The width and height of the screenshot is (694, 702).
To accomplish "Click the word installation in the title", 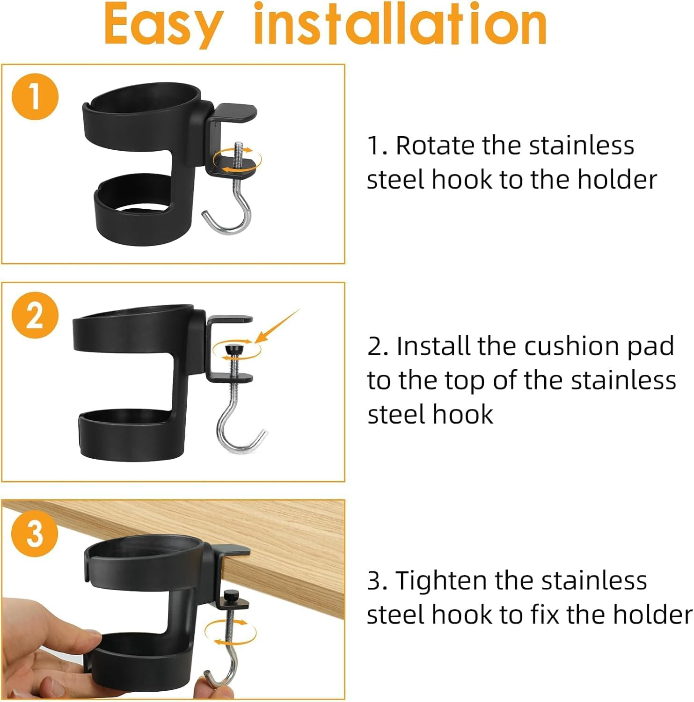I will pyautogui.click(x=400, y=23).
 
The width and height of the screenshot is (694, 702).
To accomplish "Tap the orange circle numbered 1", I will pyautogui.click(x=35, y=97).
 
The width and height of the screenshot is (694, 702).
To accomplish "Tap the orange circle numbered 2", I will pyautogui.click(x=35, y=315).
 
